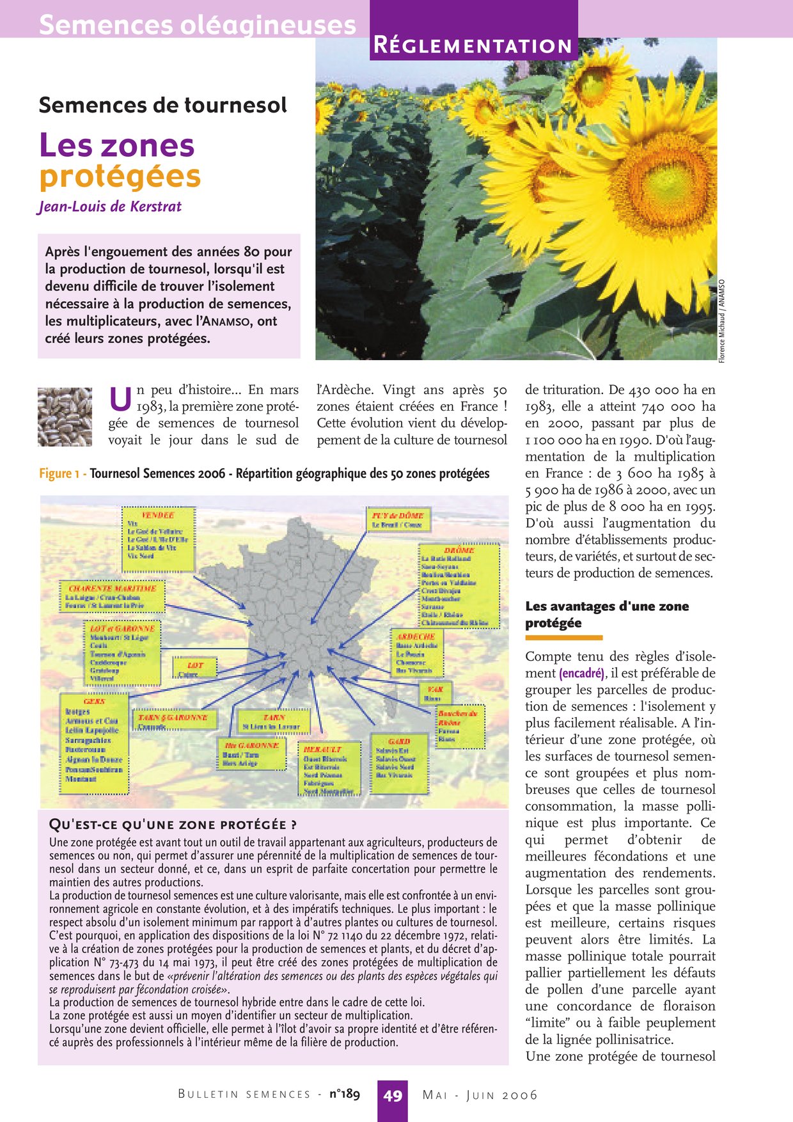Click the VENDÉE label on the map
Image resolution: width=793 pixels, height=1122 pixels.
pos(158,514)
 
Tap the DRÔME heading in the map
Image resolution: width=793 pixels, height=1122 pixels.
pos(459,549)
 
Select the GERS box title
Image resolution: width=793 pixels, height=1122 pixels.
pos(94,701)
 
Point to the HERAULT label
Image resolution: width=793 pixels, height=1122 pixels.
pos(322,748)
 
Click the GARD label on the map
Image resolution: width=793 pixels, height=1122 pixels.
pos(399,741)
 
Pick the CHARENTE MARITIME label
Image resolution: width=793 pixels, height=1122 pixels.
pos(112,587)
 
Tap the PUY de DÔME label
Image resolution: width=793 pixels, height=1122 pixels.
pos(397,515)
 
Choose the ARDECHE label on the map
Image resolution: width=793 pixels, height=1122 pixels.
pos(416,636)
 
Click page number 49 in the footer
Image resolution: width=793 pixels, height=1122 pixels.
pos(392,1096)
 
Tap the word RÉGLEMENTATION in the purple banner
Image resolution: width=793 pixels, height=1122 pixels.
pos(473,46)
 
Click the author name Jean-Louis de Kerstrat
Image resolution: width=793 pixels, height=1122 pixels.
pos(109,207)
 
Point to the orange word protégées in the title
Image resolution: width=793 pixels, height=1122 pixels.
pos(120,177)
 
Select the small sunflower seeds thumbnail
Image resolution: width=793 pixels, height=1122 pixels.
pos(65,416)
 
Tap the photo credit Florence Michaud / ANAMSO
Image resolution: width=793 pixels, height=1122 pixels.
pos(721,320)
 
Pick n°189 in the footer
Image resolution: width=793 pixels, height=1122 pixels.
pos(345,1094)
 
